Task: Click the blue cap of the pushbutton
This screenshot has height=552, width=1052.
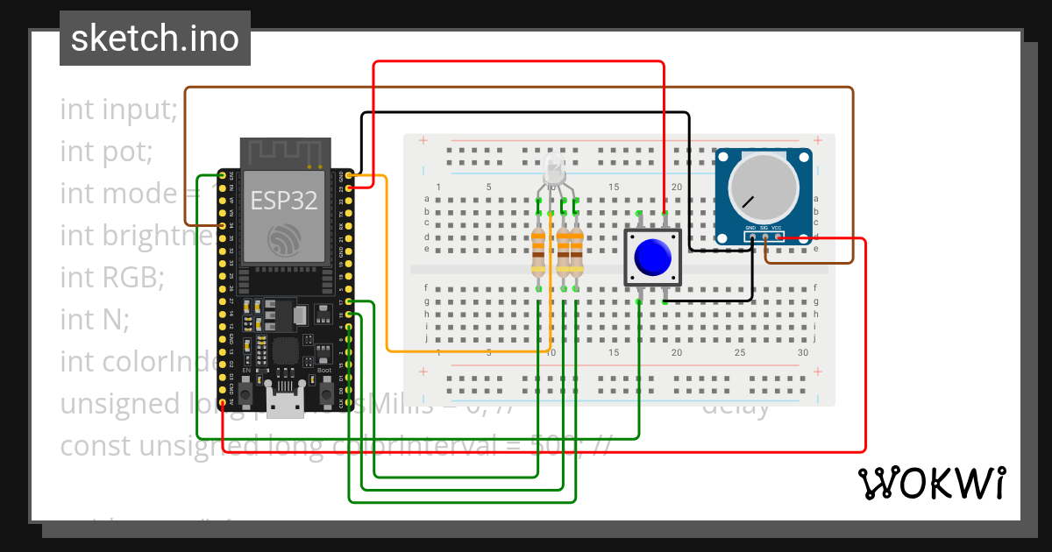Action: coord(653,257)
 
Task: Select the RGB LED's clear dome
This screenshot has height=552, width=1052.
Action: coord(553,170)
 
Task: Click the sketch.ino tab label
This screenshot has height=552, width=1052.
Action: coord(155,39)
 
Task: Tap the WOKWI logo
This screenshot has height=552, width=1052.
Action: coord(930,483)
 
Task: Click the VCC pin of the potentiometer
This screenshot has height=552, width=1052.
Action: coord(778,236)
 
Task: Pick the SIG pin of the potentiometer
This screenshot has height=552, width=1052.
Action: coord(765,236)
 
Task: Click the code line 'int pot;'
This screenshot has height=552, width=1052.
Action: coord(106,152)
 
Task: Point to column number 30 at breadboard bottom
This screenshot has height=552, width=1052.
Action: coord(803,352)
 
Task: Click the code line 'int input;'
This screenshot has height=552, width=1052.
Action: coord(118,110)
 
